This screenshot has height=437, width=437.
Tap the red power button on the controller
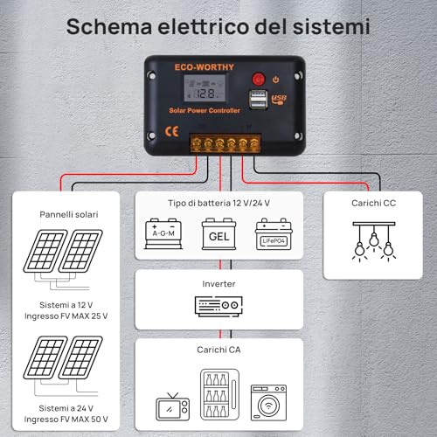pos(259,80)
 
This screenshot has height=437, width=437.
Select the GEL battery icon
pos(218,234)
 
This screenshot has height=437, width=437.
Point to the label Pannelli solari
pos(68,213)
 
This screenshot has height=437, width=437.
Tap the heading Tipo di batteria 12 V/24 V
pos(218,204)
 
